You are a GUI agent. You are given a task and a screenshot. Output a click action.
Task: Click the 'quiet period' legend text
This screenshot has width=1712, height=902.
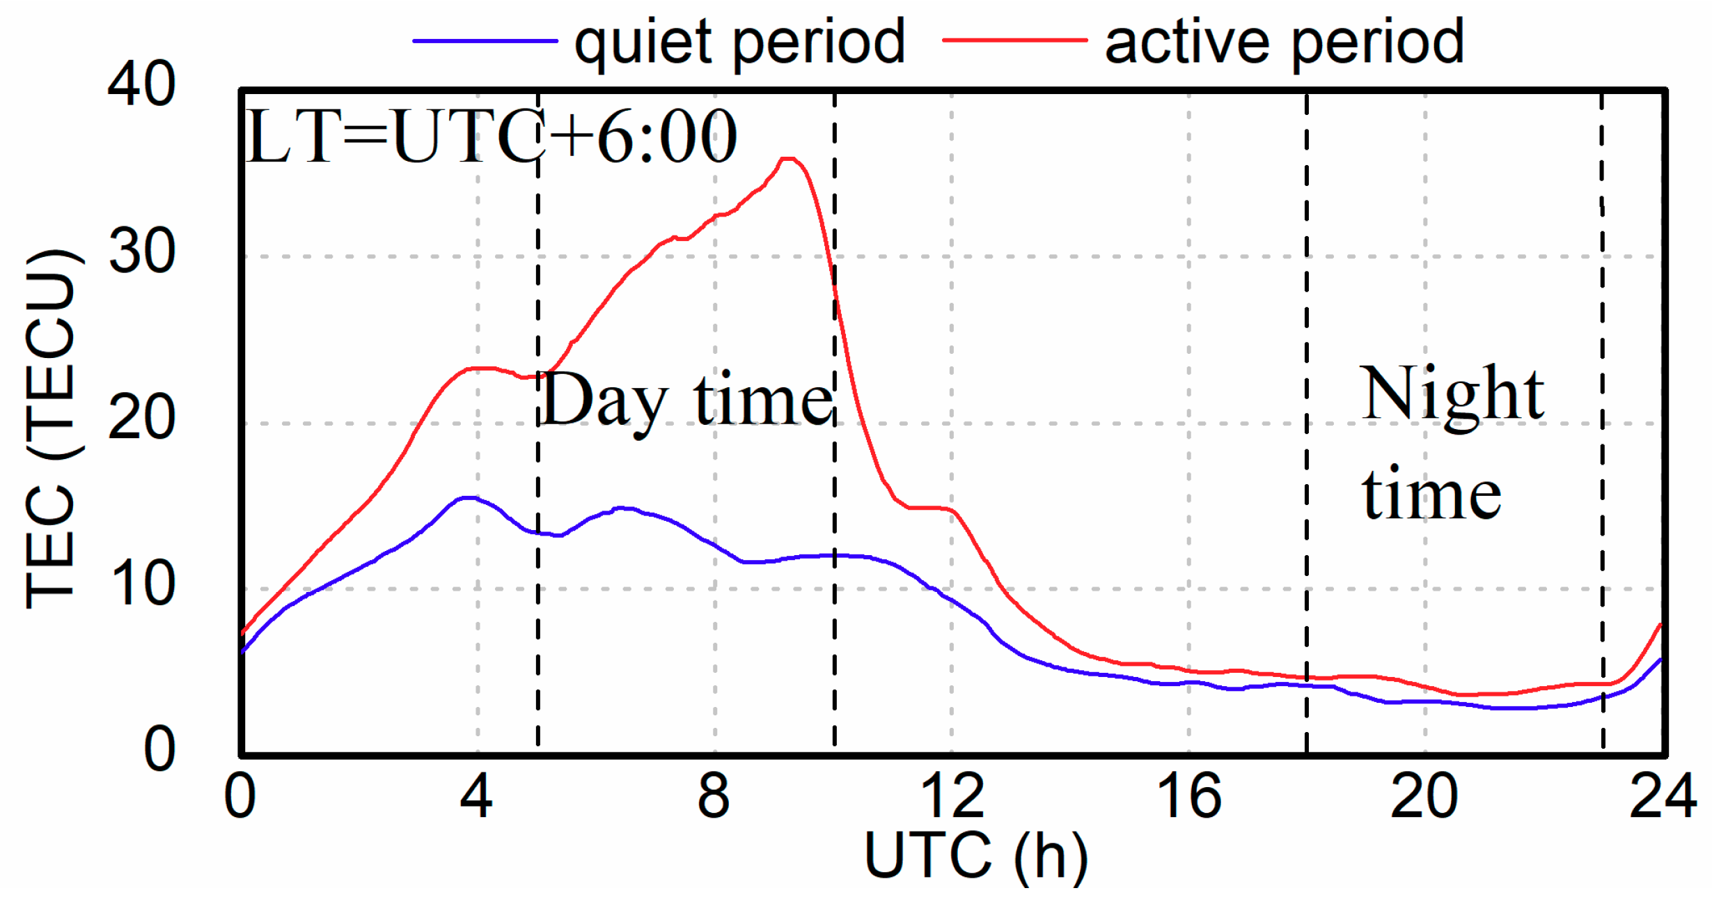point(739,43)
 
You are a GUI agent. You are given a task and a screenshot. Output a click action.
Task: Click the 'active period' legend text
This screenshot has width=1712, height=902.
point(1285,43)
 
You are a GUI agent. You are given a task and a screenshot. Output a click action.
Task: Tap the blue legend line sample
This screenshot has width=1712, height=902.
point(485,41)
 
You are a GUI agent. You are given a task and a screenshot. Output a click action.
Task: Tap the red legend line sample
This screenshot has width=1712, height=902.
point(1014,41)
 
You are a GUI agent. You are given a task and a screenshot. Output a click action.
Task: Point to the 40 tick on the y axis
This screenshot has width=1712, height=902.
point(141,84)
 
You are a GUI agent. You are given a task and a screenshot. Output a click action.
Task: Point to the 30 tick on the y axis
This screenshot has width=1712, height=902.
point(141,251)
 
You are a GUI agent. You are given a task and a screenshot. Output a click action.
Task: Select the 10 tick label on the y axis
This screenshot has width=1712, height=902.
point(141,584)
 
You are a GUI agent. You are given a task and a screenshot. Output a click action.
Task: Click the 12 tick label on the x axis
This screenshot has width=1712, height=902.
point(952,797)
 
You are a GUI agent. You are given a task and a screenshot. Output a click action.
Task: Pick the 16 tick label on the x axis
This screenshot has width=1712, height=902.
point(1188,797)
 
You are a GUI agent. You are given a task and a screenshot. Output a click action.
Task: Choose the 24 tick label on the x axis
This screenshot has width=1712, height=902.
point(1663,797)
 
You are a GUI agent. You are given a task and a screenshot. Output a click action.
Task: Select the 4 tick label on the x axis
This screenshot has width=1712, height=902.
point(477,797)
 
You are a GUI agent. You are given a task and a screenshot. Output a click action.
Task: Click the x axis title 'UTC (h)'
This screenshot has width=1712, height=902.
point(976,857)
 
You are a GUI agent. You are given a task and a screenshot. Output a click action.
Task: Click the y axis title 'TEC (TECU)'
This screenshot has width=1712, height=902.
point(50,428)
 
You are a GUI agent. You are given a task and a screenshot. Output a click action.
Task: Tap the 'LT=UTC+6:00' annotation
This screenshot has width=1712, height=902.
point(491,137)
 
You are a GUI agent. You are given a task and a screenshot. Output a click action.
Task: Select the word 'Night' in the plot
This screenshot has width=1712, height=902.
point(1452,394)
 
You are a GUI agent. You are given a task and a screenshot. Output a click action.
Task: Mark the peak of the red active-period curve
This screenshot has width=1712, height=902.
point(788,160)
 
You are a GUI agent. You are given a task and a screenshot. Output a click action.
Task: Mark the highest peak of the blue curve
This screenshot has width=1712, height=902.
point(470,498)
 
